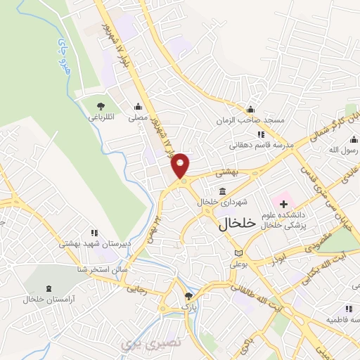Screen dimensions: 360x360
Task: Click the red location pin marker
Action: pos(181,166)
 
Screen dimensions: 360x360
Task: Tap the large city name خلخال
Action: pos(230,224)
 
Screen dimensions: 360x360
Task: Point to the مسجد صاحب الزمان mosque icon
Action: pos(250,109)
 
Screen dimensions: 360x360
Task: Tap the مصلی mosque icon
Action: pos(138,108)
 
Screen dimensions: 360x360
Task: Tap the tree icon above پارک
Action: pos(187,296)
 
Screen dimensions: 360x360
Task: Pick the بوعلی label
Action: pos(240,265)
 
